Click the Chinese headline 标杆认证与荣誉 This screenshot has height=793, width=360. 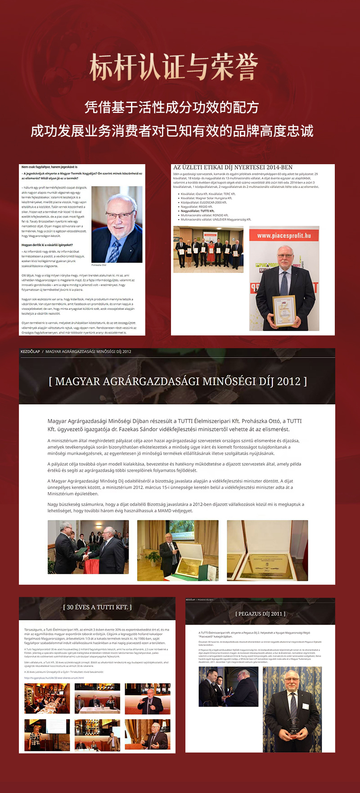(174, 67)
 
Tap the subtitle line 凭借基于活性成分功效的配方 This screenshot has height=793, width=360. (172, 107)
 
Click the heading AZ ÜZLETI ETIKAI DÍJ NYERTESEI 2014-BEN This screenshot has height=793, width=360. (233, 167)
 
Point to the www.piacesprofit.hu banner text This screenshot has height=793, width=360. (284, 235)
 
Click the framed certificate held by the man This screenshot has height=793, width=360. (284, 310)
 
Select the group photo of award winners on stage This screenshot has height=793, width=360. (208, 250)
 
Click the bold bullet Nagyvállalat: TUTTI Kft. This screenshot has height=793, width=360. (198, 211)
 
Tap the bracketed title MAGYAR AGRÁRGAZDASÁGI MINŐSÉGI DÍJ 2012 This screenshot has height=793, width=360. (178, 381)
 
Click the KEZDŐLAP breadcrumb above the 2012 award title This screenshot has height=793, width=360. (30, 352)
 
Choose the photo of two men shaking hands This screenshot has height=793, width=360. (88, 547)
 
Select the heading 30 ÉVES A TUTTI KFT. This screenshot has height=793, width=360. (97, 607)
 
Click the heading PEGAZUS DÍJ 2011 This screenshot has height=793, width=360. (260, 614)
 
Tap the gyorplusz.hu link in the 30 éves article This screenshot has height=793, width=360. (54, 678)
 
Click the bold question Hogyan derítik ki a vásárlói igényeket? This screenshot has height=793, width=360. (47, 245)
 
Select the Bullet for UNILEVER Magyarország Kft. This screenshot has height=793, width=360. (216, 220)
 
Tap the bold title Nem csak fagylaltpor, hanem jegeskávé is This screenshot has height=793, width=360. (49, 167)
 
